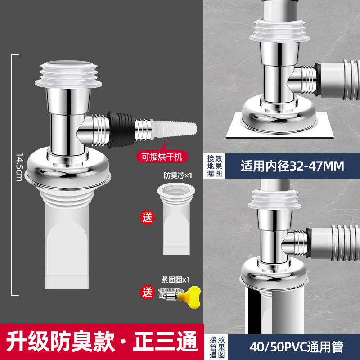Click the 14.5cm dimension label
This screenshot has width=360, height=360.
[19, 167]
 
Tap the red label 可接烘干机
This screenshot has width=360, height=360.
[162, 157]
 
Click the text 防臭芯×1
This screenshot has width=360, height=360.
[178, 175]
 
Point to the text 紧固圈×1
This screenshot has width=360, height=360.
[175, 279]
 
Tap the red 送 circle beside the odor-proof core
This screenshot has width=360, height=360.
[148, 217]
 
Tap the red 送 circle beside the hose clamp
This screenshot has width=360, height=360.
[148, 292]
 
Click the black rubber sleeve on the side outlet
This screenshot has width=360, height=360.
[121, 130]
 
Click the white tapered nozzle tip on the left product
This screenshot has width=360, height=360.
[174, 129]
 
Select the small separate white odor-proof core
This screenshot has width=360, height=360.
[176, 219]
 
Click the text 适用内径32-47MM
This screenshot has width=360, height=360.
[292, 166]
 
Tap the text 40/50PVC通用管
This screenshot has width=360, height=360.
[296, 347]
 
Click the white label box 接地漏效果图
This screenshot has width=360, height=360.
[215, 166]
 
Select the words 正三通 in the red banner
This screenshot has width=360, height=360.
[165, 342]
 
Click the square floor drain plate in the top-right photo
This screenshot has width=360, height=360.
[280, 125]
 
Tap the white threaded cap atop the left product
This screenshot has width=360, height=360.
[68, 74]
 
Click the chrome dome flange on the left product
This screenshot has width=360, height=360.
[68, 169]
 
